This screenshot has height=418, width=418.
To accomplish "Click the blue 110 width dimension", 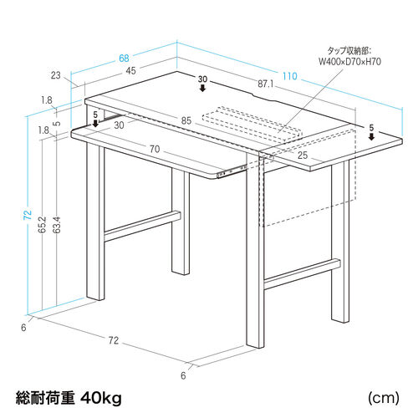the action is coord(290,76).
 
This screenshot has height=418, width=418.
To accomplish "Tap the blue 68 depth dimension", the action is coord(124,59).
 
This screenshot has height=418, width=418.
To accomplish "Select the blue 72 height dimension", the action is coord(28,214).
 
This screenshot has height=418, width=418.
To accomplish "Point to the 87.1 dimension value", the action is coord(265,84).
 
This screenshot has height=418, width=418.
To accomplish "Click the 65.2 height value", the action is coord(42,225).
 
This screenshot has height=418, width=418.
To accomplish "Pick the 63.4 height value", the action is coord(57,225).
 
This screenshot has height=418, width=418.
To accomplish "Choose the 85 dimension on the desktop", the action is coord(186,120).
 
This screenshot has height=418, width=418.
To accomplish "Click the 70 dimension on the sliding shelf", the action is coord(155,149).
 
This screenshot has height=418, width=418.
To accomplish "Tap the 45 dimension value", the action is coord(130,71).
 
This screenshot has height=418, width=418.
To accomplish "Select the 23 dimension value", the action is coord(56,75).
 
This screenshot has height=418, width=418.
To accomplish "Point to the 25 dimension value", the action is coord(303,155).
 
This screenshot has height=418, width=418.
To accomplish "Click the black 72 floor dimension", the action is coord(114,340).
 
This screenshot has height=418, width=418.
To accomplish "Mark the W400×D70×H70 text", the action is coord(349,61).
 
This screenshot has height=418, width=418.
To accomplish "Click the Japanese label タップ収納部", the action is coord(349,51).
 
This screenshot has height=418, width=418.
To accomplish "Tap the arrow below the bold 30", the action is coord(202,89).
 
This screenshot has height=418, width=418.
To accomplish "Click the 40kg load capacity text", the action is coord(101,398).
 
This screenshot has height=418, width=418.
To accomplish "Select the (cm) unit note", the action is coord(384,398).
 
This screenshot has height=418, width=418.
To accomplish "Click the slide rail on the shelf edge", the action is coord(232,171).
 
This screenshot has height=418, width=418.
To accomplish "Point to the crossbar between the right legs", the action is coord(302,274).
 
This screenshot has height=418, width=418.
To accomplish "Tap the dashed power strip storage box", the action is coord(252,125).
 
